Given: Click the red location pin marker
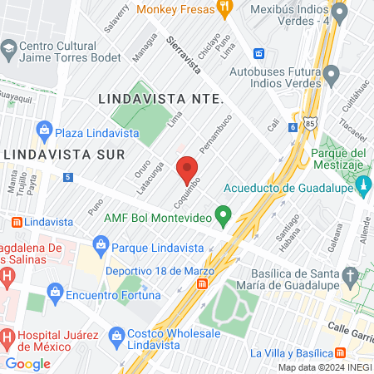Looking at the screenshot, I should point(187,169).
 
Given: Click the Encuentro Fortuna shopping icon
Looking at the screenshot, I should point(56,292).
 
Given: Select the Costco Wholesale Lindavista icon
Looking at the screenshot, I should point(116,337).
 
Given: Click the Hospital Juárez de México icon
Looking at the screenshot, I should point(7,338).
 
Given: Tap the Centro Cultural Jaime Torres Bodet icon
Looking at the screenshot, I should point(8,49).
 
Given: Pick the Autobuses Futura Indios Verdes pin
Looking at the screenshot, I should point(332,76).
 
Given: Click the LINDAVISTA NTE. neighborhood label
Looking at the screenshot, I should point(161,98).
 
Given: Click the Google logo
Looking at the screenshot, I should point(27,363).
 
